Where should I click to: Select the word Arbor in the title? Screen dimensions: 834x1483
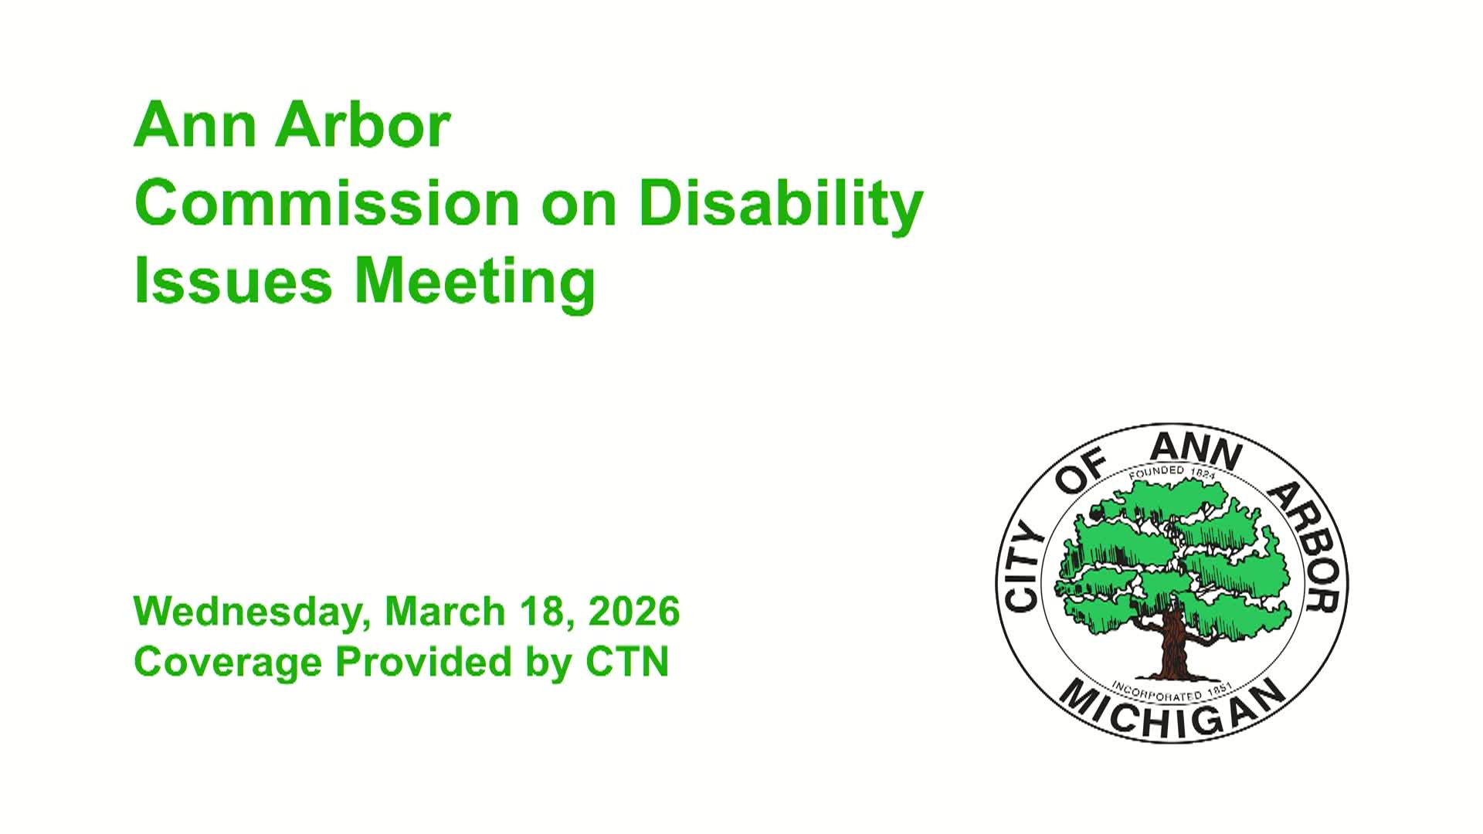(362, 126)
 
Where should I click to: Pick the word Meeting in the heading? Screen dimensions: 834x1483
(474, 282)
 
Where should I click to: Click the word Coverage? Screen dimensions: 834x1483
(228, 663)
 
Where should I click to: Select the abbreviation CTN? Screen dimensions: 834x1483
(627, 662)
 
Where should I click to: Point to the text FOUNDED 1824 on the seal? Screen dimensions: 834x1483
(1172, 472)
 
